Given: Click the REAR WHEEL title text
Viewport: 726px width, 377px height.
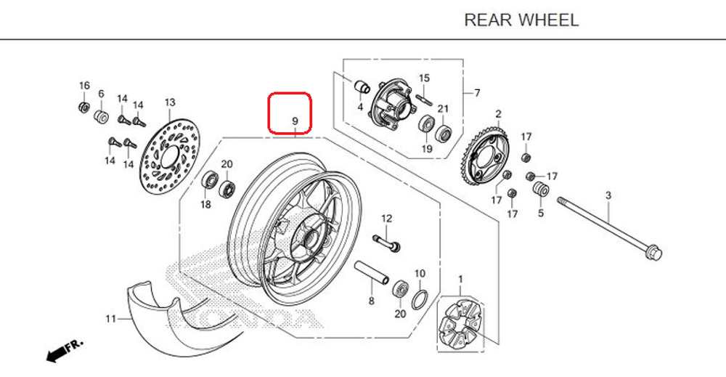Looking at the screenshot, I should point(521,20).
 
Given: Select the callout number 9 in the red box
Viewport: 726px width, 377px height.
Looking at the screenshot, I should point(295,121).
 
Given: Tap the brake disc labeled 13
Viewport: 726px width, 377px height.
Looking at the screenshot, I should point(169,153).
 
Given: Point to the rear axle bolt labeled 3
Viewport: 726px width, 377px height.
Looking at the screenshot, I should point(609,225).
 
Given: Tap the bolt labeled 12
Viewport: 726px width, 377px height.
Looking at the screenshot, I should point(387,243).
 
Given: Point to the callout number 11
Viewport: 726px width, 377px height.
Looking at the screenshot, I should point(110,318).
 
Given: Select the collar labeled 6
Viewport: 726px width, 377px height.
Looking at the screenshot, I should point(101,116).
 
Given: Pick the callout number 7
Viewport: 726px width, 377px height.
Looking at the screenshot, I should point(477,93).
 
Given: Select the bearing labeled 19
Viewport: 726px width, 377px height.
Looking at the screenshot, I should point(426,124).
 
